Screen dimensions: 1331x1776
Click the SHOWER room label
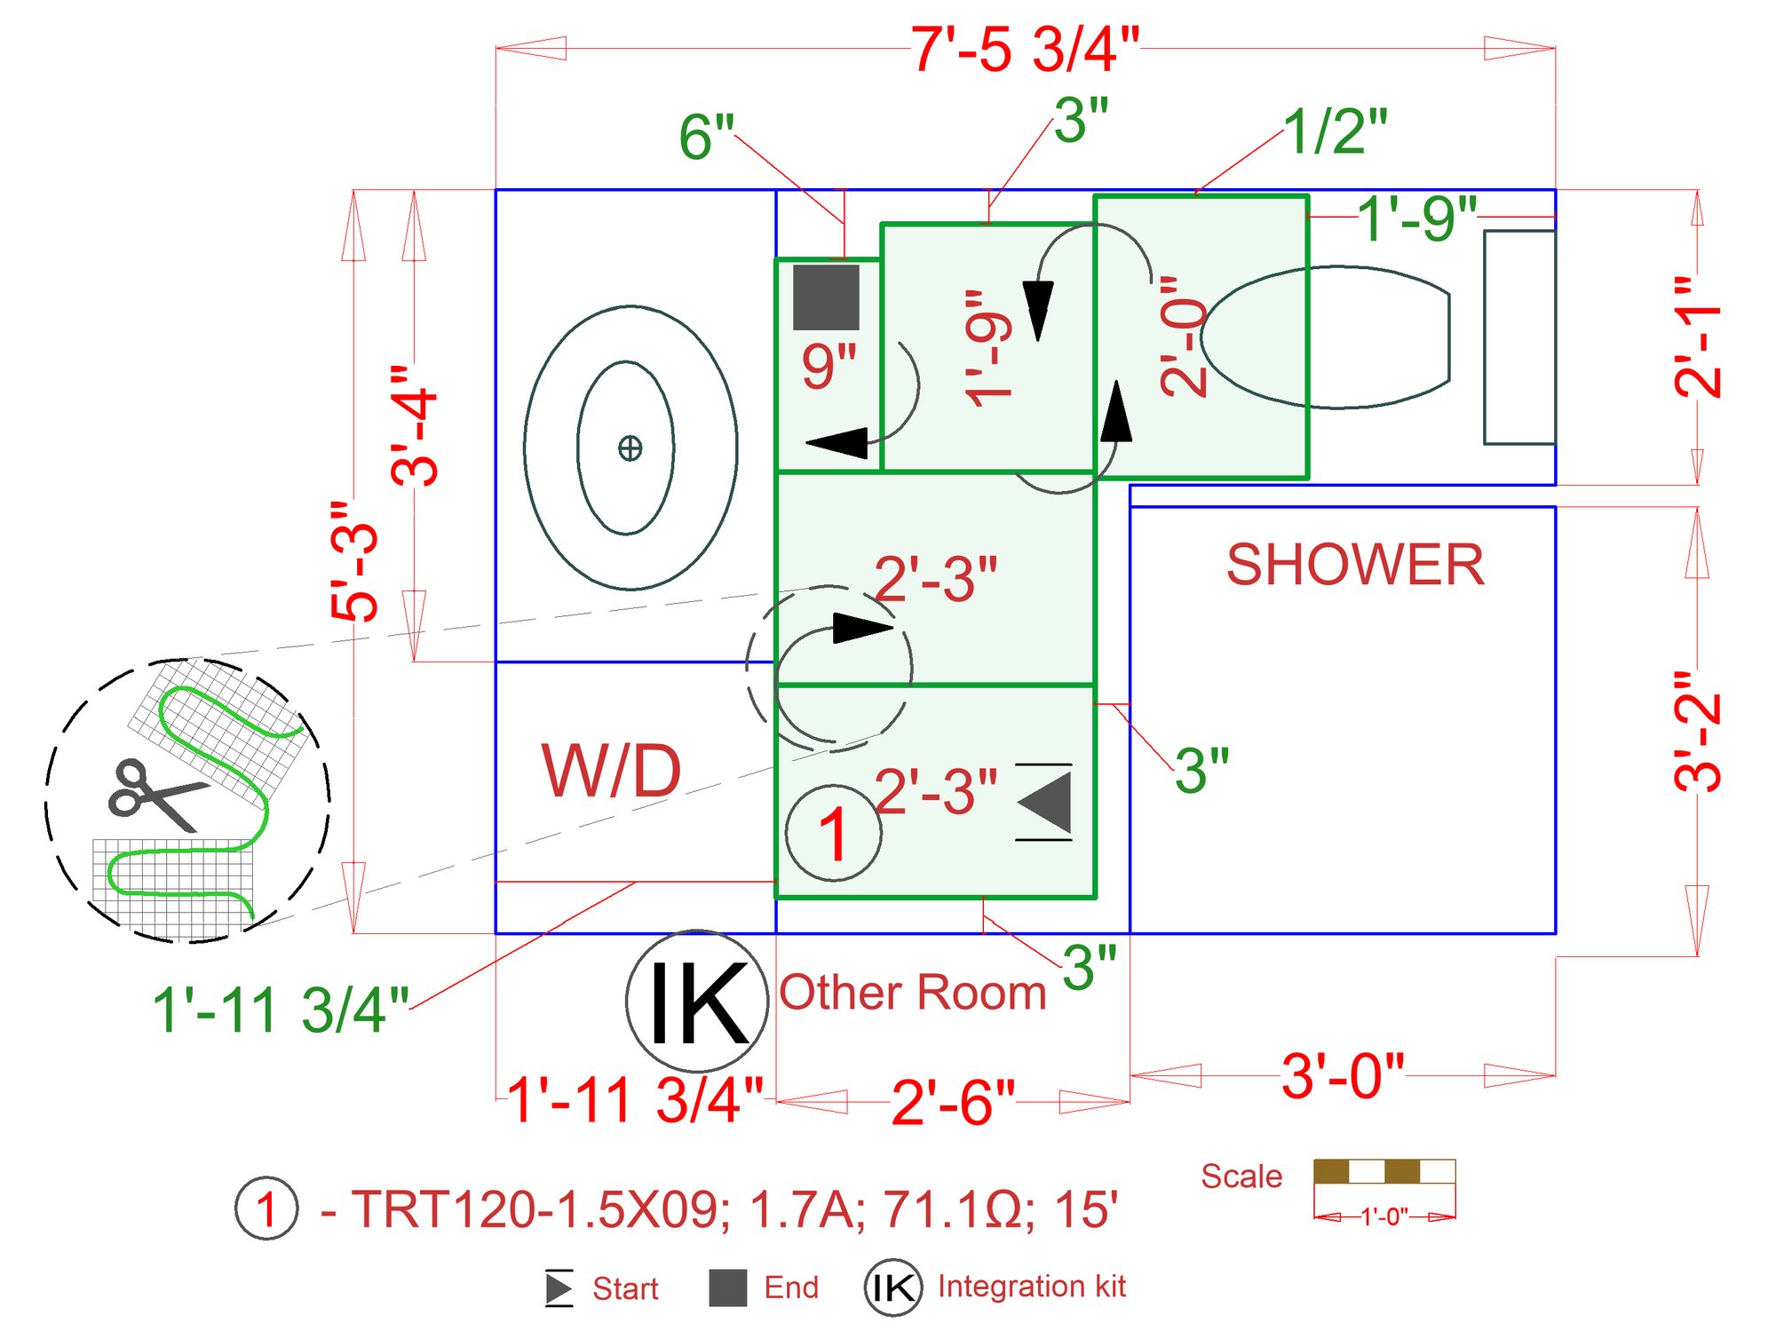1354,565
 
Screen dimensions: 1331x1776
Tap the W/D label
612,772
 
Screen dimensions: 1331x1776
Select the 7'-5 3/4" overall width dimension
1025,50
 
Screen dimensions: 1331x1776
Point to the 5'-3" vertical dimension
355,561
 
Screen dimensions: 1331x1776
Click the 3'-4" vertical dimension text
415,426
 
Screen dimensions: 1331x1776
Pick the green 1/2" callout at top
1335,132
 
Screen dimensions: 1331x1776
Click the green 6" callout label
706,138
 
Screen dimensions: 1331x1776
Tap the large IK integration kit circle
697,1002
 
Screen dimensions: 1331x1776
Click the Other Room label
913,993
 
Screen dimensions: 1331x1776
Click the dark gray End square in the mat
826,297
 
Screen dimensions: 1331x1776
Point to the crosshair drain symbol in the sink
630,448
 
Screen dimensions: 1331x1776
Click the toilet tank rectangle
1519,337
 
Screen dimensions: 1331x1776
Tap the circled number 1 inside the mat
833,834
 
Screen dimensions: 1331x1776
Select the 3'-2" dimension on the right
1697,731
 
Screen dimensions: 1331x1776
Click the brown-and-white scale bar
1384,1171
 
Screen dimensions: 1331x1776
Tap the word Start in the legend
625,1288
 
